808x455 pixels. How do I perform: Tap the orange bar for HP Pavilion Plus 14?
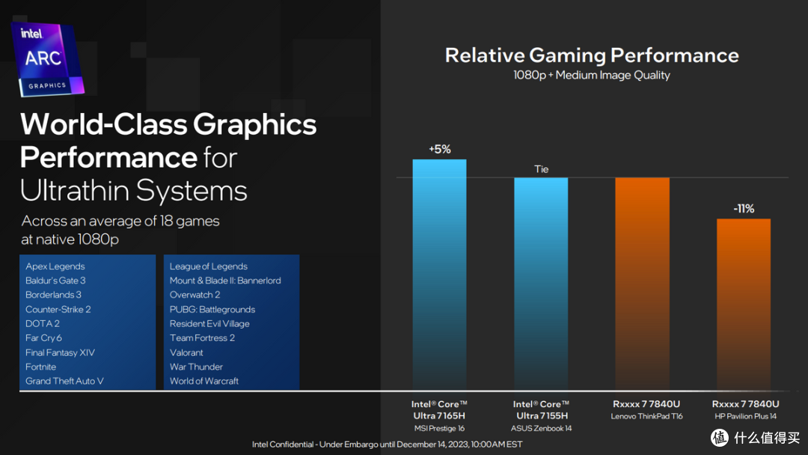(x=744, y=303)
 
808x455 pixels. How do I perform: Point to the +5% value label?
(x=440, y=149)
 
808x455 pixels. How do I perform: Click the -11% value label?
(x=744, y=208)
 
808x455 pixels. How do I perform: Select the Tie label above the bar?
(x=541, y=169)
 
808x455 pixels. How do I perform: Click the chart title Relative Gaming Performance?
(x=592, y=55)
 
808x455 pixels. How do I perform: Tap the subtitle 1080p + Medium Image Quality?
(x=592, y=75)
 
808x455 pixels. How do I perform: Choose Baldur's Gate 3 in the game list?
(x=55, y=281)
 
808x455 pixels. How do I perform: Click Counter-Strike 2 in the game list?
(x=58, y=309)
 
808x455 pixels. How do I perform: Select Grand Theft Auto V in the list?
(x=64, y=381)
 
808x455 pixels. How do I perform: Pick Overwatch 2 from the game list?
(x=195, y=295)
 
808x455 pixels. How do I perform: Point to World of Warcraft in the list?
(x=204, y=381)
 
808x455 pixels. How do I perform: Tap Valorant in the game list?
(x=186, y=352)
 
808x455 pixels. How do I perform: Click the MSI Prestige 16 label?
(x=438, y=428)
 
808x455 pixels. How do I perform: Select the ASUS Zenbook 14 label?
(x=541, y=428)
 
